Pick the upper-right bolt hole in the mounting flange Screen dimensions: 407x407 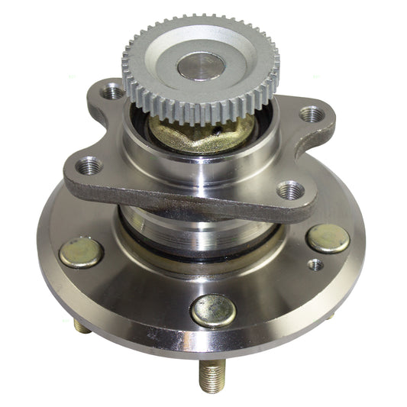pyautogui.click(x=311, y=115)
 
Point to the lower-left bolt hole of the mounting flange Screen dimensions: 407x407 pyautogui.click(x=90, y=164)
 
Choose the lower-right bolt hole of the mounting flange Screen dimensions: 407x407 pyautogui.click(x=291, y=189)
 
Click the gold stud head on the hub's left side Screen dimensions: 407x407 pyautogui.click(x=81, y=253)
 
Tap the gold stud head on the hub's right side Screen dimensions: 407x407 pyautogui.click(x=328, y=238)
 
